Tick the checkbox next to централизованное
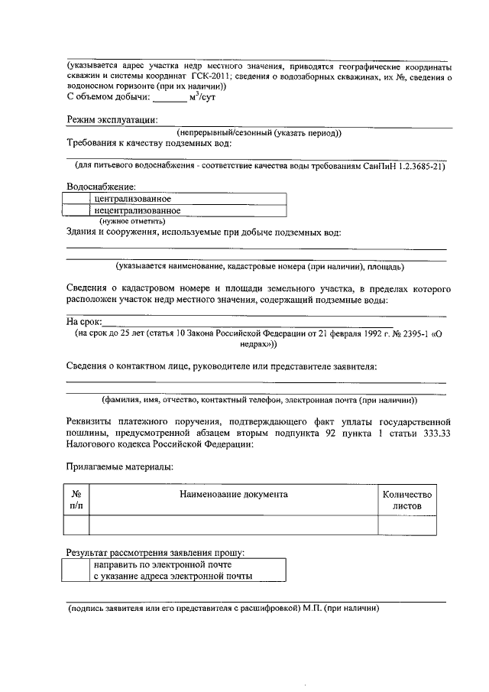click(76, 199)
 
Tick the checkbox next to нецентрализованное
click(76, 210)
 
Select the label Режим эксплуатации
click(112, 119)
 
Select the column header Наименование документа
click(233, 494)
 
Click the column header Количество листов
click(407, 500)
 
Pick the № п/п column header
click(76, 500)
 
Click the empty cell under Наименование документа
click(233, 525)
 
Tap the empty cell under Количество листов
click(407, 525)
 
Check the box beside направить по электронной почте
click(76, 570)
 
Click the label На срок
click(83, 322)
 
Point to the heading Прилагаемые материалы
click(118, 466)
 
